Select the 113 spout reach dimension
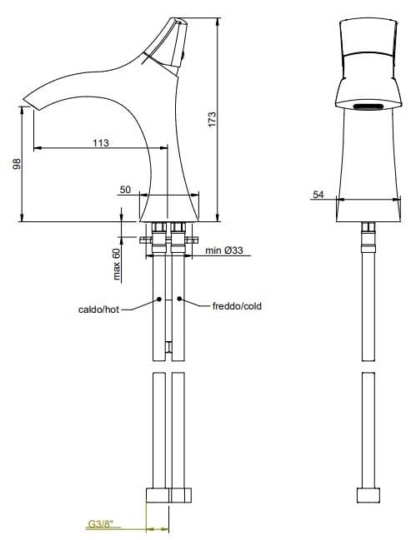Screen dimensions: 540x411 tap(100, 142)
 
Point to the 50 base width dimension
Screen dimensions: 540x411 tap(125, 190)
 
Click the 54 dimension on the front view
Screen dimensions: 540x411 tap(318, 194)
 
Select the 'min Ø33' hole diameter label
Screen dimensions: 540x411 tap(223, 250)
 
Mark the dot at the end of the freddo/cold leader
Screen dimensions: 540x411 tap(181, 300)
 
